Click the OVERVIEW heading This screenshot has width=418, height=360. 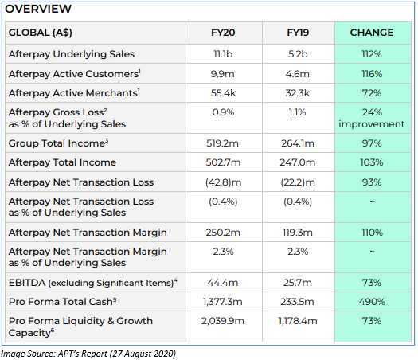[38, 9]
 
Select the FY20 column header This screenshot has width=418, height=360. [223, 33]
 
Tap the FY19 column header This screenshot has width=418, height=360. [298, 33]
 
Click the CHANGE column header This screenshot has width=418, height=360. [372, 33]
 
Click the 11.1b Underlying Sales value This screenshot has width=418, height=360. [223, 54]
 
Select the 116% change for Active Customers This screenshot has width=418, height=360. [372, 74]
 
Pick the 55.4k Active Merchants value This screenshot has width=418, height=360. [223, 93]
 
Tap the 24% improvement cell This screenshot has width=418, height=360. [372, 118]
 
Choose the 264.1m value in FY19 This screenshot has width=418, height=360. [298, 143]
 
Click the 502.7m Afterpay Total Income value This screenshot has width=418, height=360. [223, 162]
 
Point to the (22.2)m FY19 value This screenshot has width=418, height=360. [298, 182]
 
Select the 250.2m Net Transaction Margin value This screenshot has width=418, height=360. [223, 233]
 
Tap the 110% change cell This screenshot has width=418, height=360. [372, 233]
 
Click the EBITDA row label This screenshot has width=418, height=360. [93, 283]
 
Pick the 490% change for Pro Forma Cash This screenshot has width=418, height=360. [372, 302]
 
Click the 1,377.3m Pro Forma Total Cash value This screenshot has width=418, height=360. [223, 302]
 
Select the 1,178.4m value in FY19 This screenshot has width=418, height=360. [298, 321]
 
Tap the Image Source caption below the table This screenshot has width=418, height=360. [88, 354]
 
